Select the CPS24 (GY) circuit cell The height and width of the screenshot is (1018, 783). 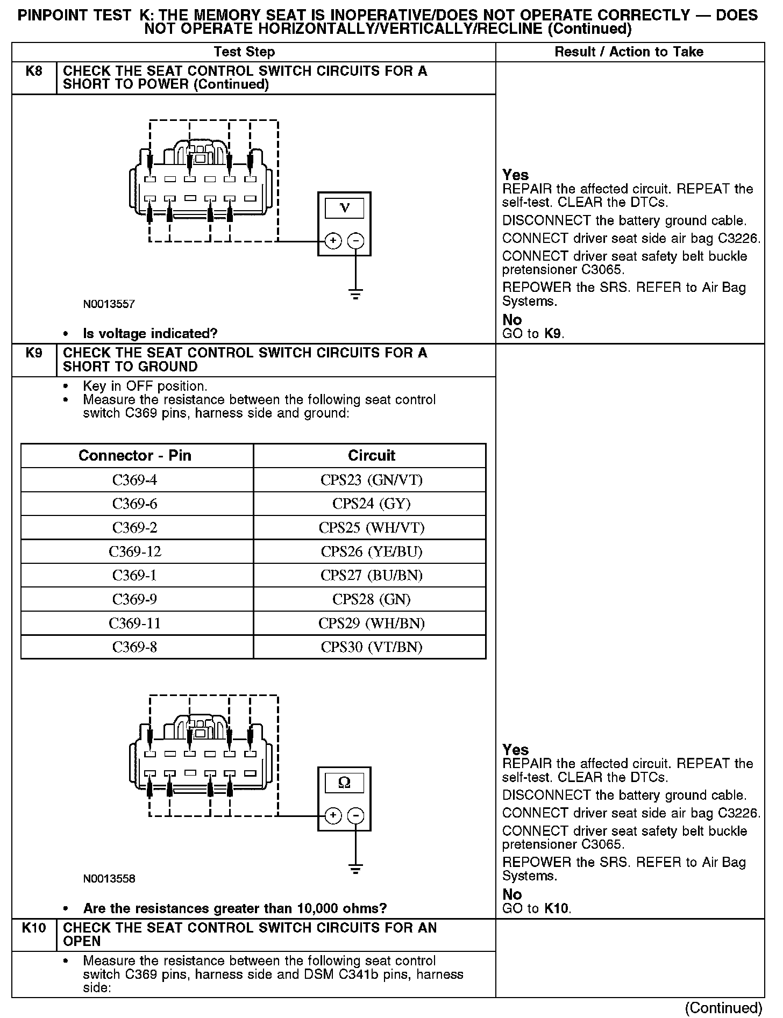pos(371,504)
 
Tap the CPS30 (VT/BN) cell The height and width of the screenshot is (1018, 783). pos(371,647)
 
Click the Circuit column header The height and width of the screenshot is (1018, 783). pos(371,456)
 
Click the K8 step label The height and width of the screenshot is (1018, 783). pos(34,71)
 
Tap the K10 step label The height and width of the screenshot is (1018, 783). pos(34,928)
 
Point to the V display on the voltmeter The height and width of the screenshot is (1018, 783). pos(344,209)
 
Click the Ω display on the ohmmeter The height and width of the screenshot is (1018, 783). pos(344,783)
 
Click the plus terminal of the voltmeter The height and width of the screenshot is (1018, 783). pos(333,241)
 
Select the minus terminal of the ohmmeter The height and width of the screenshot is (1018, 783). pos(355,816)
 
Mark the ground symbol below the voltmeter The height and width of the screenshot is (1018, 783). pos(355,294)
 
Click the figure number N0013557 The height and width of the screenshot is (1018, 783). pos(109,304)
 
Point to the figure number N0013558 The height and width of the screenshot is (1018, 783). pos(109,879)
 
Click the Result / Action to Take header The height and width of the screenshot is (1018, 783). pos(629,52)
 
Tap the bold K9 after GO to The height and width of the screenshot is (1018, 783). pos(553,334)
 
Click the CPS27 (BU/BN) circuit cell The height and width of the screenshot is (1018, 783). pos(371,576)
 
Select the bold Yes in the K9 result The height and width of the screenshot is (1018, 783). pos(515,750)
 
